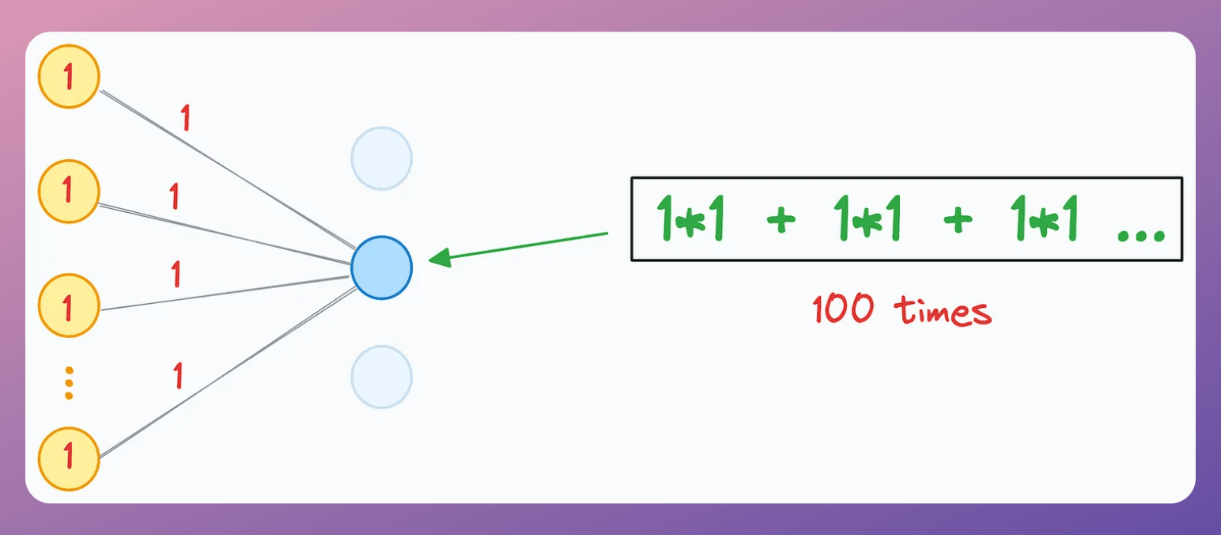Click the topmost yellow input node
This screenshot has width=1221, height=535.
(69, 77)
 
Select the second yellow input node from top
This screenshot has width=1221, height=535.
(69, 191)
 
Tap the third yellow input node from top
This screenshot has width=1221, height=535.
(69, 305)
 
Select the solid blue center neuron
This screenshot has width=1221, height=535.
(382, 267)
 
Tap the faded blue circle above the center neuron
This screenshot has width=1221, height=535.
(382, 158)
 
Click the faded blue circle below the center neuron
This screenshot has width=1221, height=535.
(382, 377)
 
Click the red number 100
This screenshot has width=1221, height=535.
(843, 310)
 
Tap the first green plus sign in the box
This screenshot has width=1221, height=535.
(781, 222)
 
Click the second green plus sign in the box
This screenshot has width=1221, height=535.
(958, 222)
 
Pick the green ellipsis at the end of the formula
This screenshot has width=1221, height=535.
(1141, 233)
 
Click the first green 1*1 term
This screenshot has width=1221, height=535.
(691, 220)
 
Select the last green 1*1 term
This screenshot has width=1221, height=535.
(1045, 220)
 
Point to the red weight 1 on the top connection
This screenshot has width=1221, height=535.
(186, 118)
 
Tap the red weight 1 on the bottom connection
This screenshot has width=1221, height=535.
(178, 375)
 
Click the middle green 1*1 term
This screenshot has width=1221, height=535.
(868, 220)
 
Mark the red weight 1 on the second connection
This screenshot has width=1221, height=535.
(174, 195)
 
